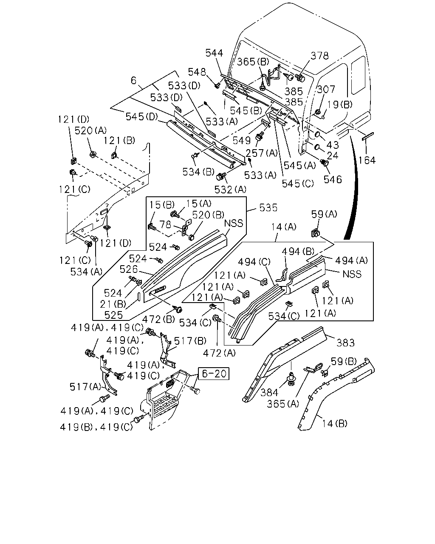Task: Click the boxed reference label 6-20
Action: click(x=214, y=374)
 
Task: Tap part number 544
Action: click(x=214, y=53)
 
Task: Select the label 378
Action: click(x=319, y=56)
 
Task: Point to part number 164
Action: click(x=367, y=160)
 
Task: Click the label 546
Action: click(x=333, y=179)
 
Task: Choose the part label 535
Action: click(x=268, y=207)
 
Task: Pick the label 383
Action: click(x=345, y=343)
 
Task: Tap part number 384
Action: click(x=269, y=392)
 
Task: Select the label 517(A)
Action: click(x=85, y=386)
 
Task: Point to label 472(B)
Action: click(x=158, y=319)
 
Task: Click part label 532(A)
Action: click(x=230, y=190)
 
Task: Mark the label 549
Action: click(x=242, y=140)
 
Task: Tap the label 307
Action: click(x=326, y=89)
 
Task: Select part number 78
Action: click(x=165, y=224)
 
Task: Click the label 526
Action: click(x=129, y=269)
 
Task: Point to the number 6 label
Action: click(x=133, y=80)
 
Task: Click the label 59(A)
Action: click(x=324, y=214)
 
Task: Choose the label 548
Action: click(x=197, y=72)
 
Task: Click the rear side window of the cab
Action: click(x=359, y=75)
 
